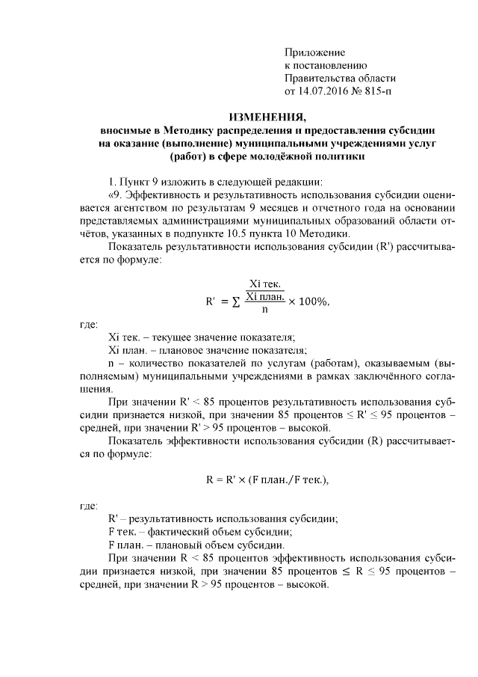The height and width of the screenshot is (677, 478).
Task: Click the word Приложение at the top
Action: click(314, 52)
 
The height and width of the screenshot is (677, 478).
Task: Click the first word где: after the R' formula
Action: click(88, 325)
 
